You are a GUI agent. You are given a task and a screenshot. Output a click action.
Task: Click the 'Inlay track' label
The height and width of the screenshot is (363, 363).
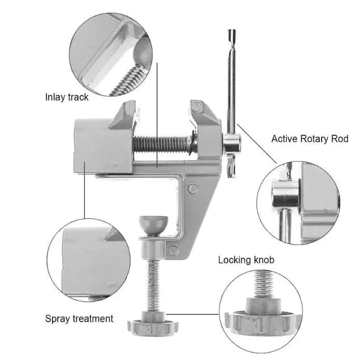pos(67,97)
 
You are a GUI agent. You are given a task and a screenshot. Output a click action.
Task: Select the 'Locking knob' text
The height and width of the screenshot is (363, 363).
pos(246,260)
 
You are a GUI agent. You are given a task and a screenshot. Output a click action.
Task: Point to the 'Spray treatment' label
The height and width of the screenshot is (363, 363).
pos(79,318)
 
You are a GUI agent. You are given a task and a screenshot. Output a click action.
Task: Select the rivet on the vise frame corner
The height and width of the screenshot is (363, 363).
pos(192,188)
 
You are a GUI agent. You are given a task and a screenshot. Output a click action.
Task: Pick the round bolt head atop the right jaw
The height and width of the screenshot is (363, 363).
pos(197,107)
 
